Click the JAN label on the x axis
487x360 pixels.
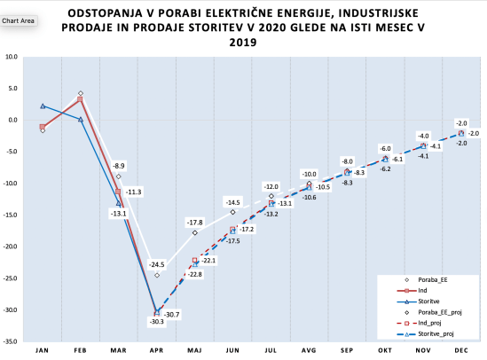coord(42,350)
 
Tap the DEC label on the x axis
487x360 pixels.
coord(461,350)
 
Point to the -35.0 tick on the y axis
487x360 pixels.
coord(12,341)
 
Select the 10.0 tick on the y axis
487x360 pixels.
coord(13,57)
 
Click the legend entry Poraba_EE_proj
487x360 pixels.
coord(432,311)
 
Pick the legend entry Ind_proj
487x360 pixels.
coord(425,323)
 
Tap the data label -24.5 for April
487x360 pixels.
coord(156,264)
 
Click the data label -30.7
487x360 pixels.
coord(172,315)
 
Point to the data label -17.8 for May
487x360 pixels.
coord(194,222)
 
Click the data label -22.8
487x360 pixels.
coord(193,274)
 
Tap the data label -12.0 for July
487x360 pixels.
coord(271,186)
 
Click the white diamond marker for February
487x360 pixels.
coord(80,93)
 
